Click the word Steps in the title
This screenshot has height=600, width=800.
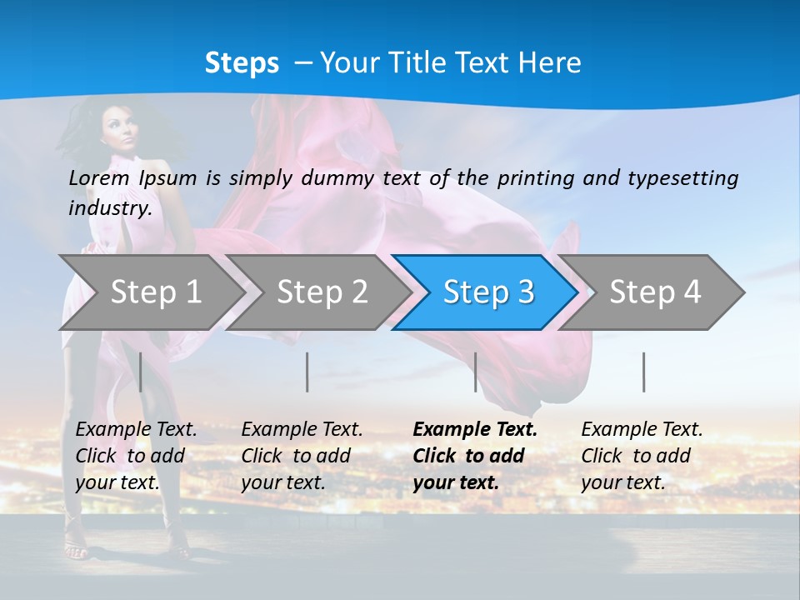coord(242,63)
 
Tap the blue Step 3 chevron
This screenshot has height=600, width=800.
coord(487,292)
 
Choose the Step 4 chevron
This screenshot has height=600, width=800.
coord(654,292)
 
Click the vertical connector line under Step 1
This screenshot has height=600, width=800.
coord(141,372)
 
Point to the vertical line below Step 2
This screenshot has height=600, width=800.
coord(307,372)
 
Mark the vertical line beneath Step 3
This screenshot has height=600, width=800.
coord(476,372)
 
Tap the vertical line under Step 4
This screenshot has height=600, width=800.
coord(643,372)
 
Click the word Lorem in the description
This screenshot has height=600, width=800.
coord(99,177)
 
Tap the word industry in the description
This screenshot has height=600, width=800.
coord(109,208)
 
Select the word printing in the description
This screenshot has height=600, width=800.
coord(535,178)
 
